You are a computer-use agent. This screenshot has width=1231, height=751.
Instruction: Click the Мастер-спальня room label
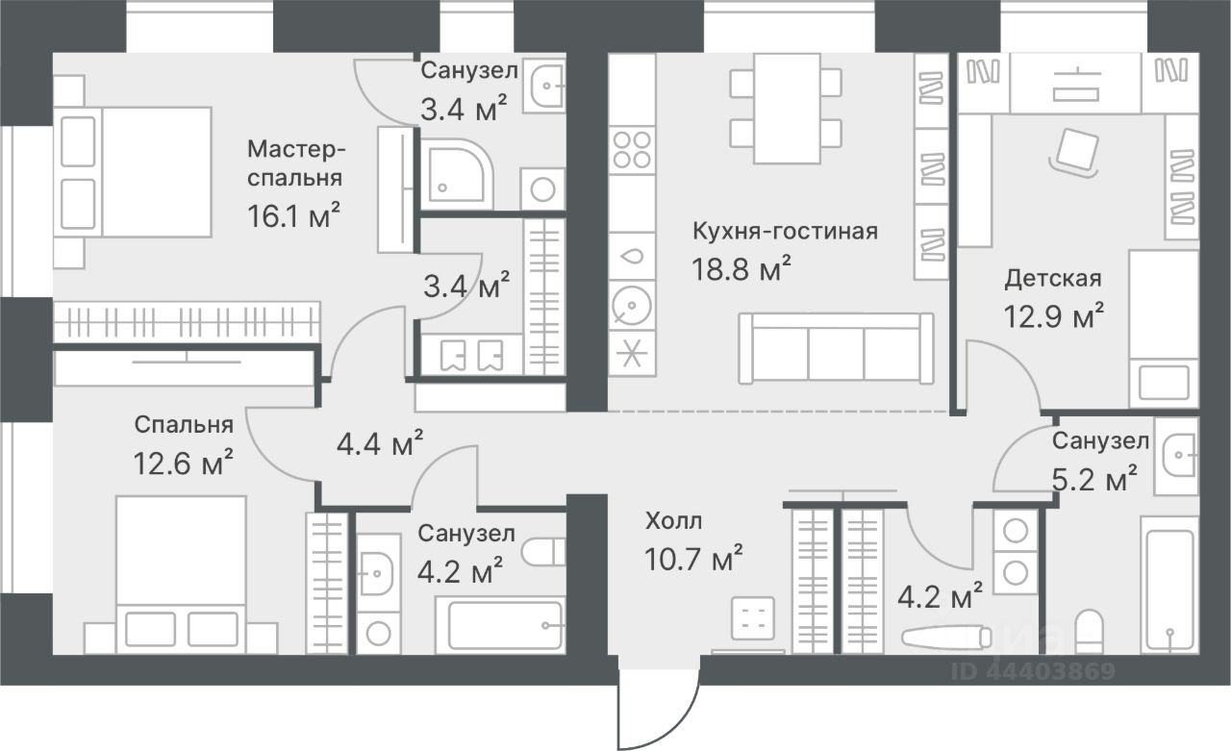[295, 163]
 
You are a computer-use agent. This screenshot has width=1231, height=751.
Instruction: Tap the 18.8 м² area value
[741, 269]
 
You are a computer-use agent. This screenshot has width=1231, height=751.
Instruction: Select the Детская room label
[1053, 279]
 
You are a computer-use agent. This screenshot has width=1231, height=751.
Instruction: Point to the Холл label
[674, 521]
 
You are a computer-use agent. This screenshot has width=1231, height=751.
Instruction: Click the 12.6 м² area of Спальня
[183, 463]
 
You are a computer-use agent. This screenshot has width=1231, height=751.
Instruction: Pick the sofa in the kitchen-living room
[836, 348]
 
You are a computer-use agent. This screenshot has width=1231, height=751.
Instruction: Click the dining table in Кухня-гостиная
[787, 109]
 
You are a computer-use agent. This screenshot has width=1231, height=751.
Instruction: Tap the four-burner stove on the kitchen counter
[632, 149]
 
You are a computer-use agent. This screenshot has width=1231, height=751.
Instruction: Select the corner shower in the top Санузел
[454, 173]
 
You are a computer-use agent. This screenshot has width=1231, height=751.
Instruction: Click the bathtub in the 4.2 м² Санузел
[501, 625]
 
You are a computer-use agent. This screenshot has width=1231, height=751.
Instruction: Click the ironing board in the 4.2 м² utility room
[946, 638]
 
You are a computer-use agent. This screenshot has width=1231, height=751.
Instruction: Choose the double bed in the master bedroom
[133, 172]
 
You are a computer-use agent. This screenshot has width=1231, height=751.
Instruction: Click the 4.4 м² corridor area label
[380, 442]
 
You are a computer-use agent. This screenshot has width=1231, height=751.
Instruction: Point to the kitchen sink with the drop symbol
[632, 256]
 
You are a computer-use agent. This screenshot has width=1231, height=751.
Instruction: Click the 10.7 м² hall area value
[693, 559]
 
